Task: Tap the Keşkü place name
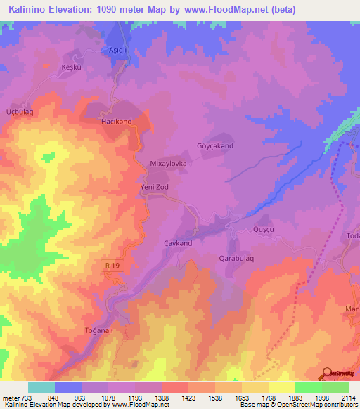[72, 67]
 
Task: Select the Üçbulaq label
[19, 111]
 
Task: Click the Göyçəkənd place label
[214, 146]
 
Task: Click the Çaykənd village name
[177, 242]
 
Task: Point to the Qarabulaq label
[230, 257]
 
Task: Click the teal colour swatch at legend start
[41, 387]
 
